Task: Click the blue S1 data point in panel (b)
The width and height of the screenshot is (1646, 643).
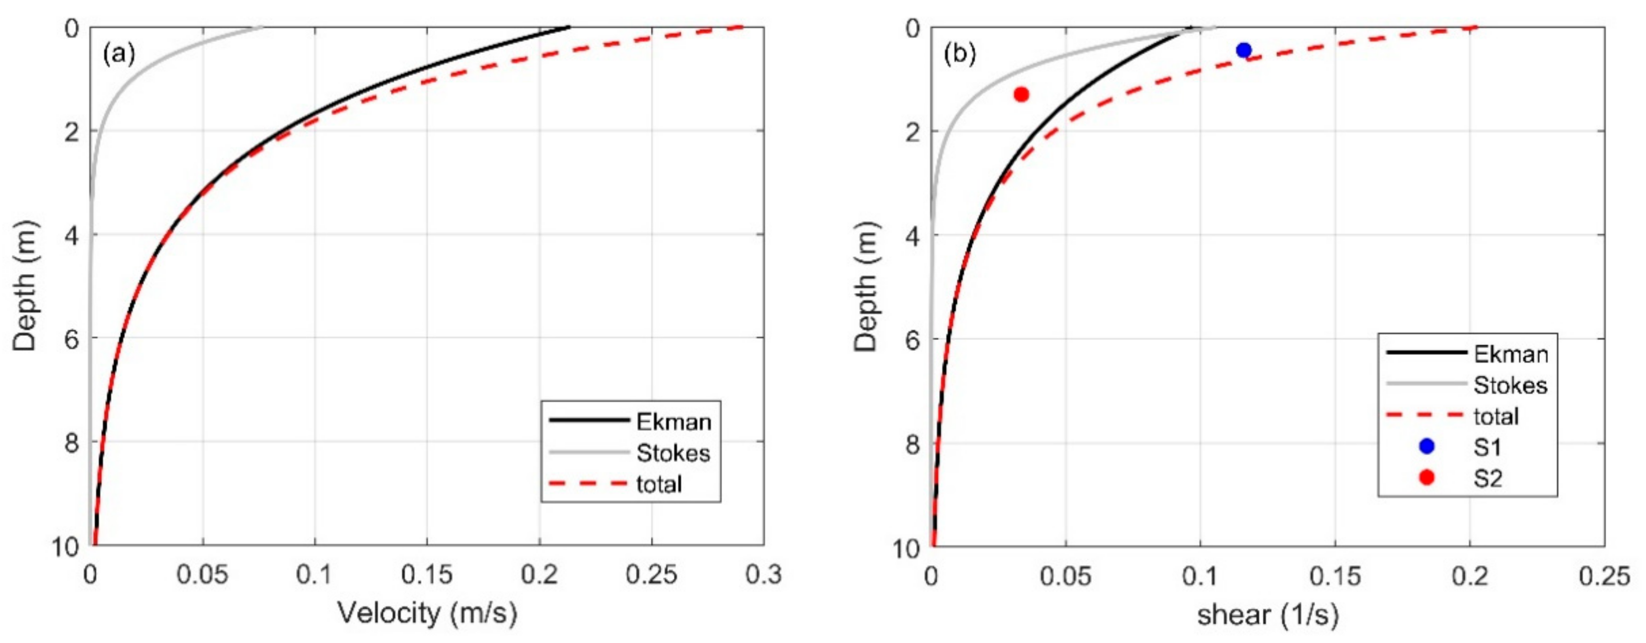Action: (x=1243, y=50)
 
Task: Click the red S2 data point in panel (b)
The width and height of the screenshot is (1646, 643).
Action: (x=1021, y=95)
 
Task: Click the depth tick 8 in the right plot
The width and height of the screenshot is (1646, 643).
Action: (x=912, y=444)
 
